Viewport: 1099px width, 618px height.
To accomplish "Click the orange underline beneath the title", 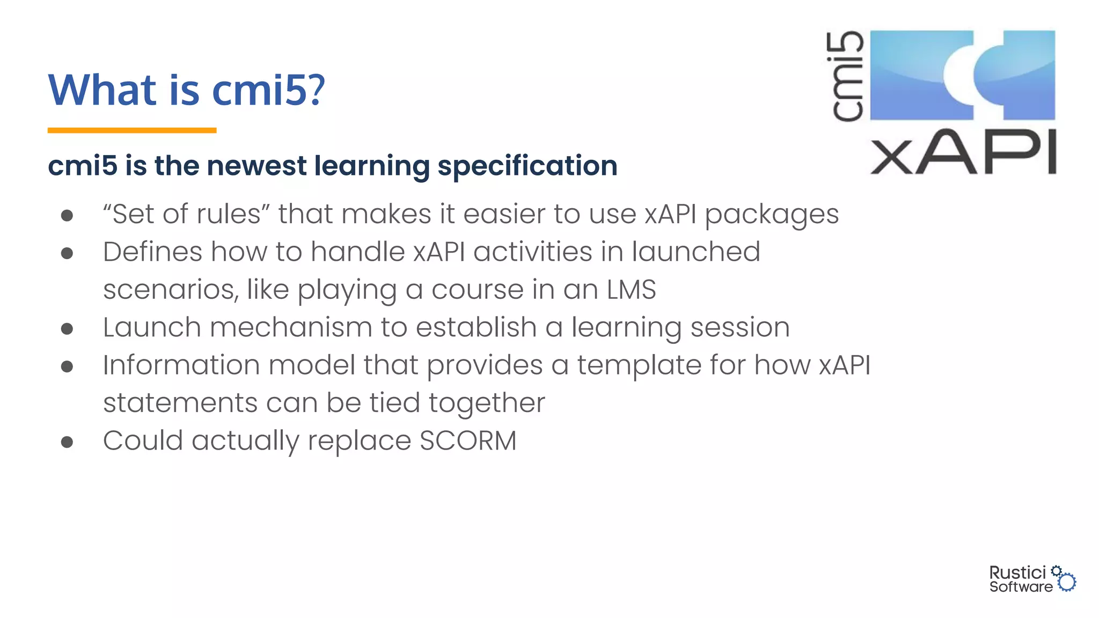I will click(x=132, y=130).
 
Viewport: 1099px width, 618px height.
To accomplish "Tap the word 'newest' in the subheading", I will click(x=257, y=165).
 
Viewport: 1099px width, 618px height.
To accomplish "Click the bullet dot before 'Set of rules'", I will click(x=67, y=216).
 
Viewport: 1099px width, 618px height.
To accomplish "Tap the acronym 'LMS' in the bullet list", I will click(x=631, y=290).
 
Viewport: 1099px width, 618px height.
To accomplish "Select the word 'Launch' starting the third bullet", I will click(x=152, y=327).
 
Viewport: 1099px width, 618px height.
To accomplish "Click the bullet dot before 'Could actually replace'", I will click(x=67, y=442).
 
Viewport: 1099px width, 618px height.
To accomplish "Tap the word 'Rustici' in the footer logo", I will click(x=1017, y=572).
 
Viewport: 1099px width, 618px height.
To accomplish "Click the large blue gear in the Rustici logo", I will click(x=1067, y=582).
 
